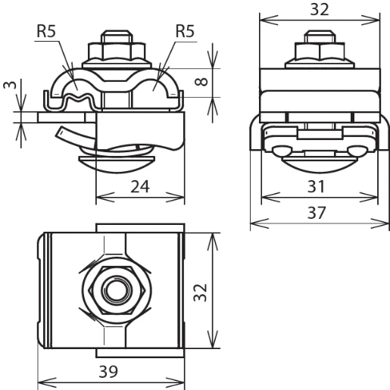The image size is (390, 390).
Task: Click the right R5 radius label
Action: click(x=186, y=33)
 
